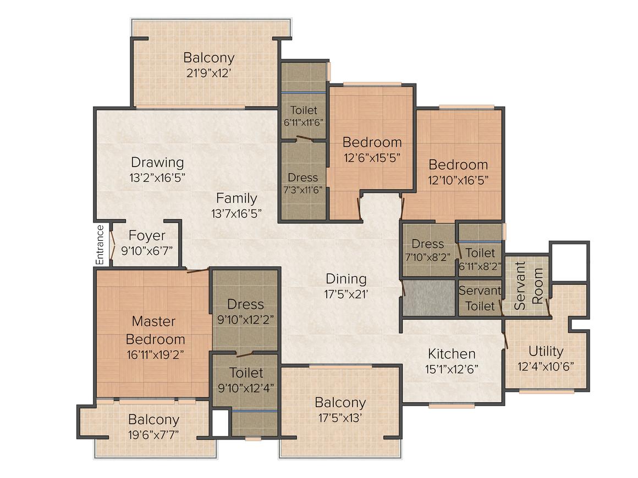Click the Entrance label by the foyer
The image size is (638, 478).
100,245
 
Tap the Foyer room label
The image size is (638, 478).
147,236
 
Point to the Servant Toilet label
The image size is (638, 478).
480,298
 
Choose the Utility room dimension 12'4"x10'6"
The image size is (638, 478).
546,366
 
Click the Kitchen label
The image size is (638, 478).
452,353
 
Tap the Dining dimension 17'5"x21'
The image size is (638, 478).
346,294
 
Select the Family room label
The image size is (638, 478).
236,198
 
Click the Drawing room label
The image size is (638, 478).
157,163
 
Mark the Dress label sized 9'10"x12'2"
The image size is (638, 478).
246,304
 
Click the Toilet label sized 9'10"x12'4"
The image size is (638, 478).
246,373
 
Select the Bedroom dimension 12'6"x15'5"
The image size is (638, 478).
372,157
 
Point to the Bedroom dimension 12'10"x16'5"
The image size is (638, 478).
458,180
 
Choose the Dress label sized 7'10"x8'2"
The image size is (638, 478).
427,243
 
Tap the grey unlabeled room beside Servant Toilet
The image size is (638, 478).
429,298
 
